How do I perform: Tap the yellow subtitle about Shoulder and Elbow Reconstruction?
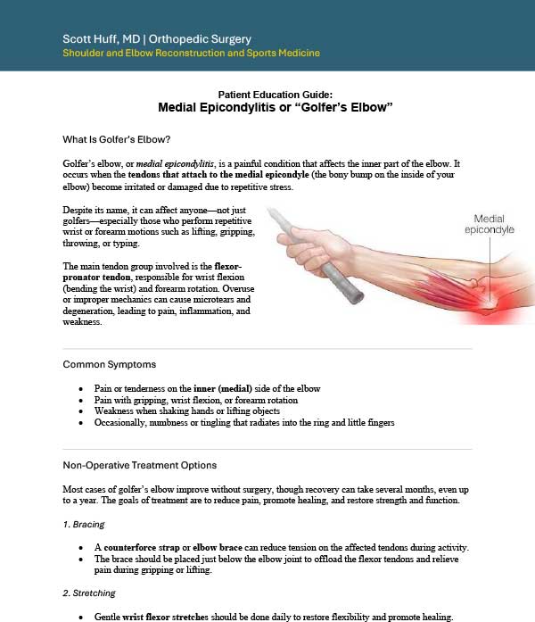[191, 54]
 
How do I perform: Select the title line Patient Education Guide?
[275, 95]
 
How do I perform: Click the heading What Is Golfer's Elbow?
[116, 139]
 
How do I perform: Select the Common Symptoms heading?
[111, 364]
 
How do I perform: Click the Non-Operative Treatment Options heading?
[139, 465]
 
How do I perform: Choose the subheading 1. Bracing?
[84, 524]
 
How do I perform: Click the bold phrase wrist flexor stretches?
[178, 617]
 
